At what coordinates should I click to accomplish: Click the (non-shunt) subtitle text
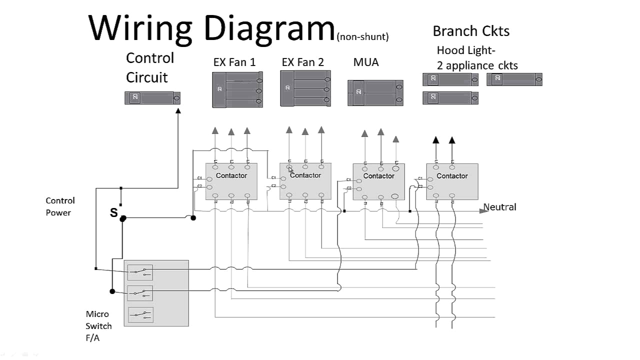click(362, 36)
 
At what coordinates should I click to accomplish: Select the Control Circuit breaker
click(152, 98)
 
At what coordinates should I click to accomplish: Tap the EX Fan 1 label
click(234, 62)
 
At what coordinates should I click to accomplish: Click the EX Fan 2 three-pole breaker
click(305, 88)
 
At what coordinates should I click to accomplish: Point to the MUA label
click(366, 62)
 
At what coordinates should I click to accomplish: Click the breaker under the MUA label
click(375, 92)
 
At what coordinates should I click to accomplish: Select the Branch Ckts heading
click(471, 31)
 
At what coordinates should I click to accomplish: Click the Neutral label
click(499, 207)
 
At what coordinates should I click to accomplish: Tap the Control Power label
click(60, 206)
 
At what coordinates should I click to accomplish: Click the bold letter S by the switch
click(113, 213)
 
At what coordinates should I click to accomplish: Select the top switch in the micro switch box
click(140, 272)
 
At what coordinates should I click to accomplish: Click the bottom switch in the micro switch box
click(140, 314)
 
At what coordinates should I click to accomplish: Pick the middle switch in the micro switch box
click(140, 293)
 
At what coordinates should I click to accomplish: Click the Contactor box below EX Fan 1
click(231, 181)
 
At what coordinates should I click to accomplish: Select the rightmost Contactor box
click(452, 181)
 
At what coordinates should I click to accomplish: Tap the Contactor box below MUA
click(378, 181)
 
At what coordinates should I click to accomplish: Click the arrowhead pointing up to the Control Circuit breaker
click(178, 110)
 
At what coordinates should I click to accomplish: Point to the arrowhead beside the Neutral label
click(483, 210)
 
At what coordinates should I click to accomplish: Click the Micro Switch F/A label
click(98, 326)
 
